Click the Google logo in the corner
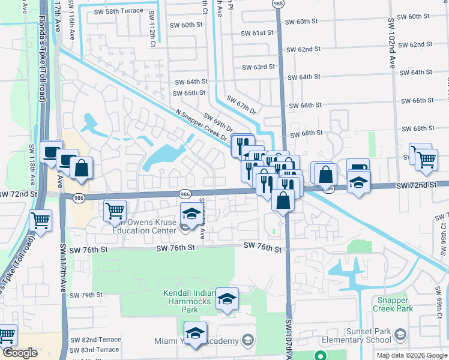pyautogui.click(x=20, y=353)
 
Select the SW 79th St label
pyautogui.click(x=86, y=295)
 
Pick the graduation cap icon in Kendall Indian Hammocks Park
pyautogui.click(x=227, y=299)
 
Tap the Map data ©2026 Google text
pyautogui.click(x=411, y=355)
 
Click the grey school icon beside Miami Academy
pyautogui.click(x=247, y=341)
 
